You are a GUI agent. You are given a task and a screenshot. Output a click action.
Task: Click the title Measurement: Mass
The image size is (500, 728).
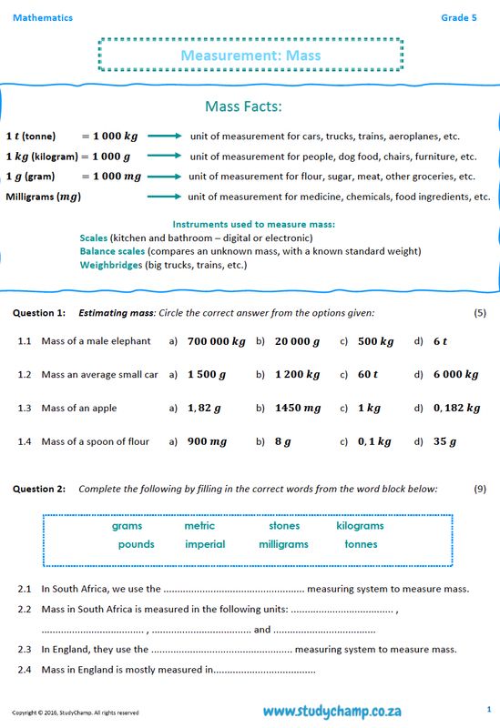point(250,56)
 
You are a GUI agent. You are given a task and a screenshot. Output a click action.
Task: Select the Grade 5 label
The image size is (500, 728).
point(458,17)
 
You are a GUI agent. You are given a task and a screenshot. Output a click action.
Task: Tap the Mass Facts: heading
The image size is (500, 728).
point(243,106)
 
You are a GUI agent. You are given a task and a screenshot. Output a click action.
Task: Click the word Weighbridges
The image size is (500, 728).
point(111,265)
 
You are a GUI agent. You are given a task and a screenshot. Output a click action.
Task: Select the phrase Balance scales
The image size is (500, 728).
point(112,251)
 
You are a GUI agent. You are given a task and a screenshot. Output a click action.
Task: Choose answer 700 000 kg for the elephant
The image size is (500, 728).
point(216,341)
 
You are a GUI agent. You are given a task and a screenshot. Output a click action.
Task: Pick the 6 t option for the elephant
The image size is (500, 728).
point(441,341)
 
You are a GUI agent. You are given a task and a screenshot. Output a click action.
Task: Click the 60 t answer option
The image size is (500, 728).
point(368,374)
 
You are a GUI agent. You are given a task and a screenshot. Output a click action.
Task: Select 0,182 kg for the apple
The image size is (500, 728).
point(456,408)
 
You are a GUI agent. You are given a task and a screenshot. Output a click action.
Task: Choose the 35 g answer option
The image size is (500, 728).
point(444,441)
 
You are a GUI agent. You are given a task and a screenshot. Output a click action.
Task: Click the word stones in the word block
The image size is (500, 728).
point(284,526)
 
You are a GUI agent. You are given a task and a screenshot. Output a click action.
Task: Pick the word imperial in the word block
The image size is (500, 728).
point(205,544)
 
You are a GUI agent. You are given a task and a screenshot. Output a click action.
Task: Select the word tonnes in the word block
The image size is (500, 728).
point(361,544)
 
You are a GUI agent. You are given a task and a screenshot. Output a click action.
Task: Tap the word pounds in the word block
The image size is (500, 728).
point(136,544)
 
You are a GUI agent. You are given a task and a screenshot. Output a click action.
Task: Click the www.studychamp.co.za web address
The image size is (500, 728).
point(332,710)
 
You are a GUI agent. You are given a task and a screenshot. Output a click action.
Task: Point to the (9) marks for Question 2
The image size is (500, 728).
point(480,489)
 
